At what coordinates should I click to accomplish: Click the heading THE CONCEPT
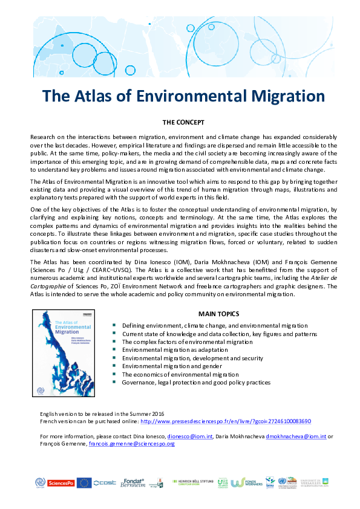click(180, 122)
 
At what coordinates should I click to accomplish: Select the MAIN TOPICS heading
click(218, 314)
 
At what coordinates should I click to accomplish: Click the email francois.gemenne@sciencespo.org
click(131, 443)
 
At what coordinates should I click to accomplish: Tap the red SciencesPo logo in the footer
click(61, 482)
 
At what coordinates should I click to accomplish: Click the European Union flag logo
click(84, 482)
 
